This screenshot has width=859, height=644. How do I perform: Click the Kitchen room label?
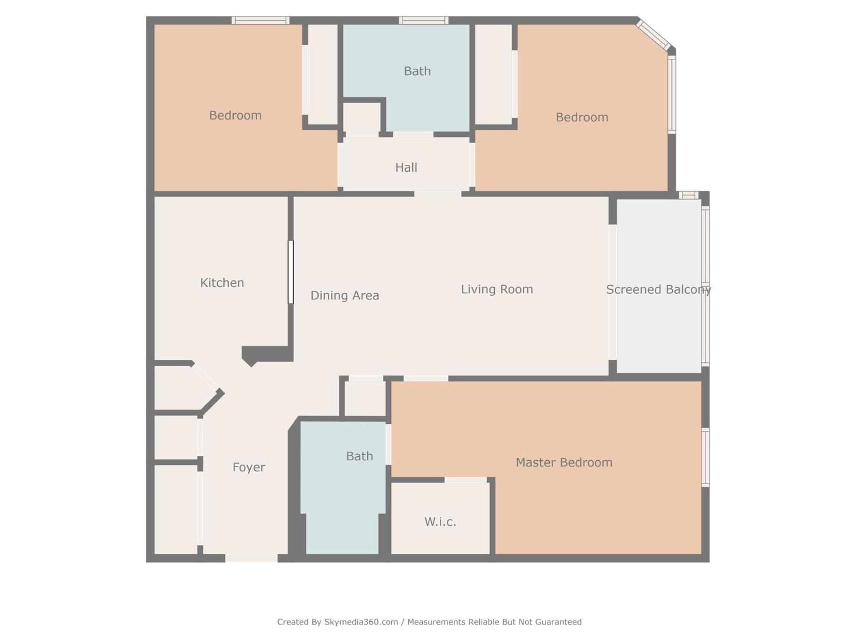click(222, 283)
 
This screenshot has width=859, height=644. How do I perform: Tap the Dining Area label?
click(345, 295)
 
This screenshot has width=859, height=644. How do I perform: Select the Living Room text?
click(497, 290)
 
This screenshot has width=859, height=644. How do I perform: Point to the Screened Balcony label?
click(658, 290)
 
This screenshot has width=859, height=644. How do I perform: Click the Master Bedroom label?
click(564, 462)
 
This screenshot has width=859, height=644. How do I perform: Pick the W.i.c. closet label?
click(440, 522)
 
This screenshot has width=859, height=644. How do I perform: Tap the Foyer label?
click(249, 468)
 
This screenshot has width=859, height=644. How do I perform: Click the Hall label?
click(406, 167)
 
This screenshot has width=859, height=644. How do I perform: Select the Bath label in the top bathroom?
click(417, 71)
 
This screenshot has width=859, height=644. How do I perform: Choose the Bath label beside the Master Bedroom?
click(359, 456)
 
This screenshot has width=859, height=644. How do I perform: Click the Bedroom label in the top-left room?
click(235, 115)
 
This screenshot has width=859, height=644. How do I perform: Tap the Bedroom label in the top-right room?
click(582, 117)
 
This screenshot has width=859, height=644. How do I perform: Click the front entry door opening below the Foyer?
click(251, 558)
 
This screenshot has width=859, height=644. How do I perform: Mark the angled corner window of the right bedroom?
click(653, 35)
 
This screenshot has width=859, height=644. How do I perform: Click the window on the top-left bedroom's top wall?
click(260, 20)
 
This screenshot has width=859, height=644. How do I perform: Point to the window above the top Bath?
click(424, 20)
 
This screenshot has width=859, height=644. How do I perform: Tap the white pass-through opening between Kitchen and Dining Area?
click(291, 272)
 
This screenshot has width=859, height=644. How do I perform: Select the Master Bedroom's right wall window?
click(705, 457)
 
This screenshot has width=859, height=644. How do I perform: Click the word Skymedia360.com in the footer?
click(361, 622)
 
